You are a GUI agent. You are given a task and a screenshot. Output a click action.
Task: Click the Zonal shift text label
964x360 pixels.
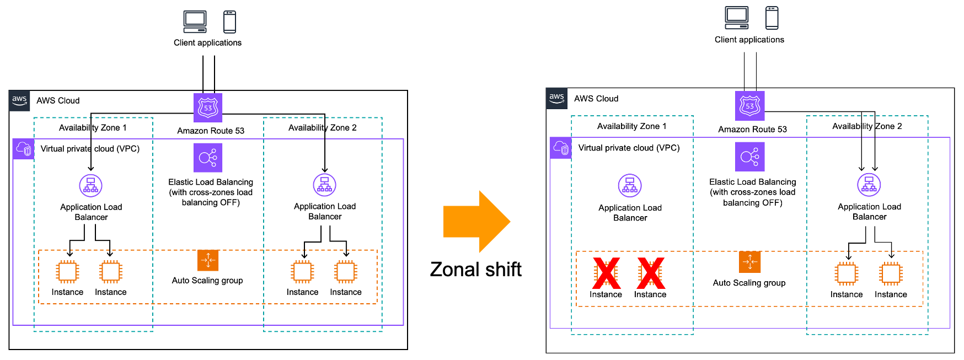coord(475,270)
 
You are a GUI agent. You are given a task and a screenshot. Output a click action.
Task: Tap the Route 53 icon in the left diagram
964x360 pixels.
coord(208,108)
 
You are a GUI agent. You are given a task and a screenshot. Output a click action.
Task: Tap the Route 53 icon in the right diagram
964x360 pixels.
coord(749,106)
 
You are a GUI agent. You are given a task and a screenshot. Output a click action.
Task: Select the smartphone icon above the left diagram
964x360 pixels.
coord(229,22)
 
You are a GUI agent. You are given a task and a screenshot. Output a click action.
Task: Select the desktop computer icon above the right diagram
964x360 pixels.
coord(737,18)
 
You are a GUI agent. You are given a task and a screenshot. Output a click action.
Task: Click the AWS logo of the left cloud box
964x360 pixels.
coord(19,101)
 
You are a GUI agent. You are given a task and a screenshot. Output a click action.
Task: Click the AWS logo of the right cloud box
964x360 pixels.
coord(556,98)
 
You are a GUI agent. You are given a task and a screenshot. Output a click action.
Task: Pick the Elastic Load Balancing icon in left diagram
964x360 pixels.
coord(208,158)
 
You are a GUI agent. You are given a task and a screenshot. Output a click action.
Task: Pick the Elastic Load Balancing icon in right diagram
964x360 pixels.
coord(749,157)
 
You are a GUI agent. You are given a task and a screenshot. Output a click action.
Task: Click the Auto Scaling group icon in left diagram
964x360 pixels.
coord(208,260)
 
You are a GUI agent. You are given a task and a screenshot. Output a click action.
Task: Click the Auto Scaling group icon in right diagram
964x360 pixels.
coord(749,262)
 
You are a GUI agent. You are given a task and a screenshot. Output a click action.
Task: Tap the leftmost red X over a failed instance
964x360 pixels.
coord(606,273)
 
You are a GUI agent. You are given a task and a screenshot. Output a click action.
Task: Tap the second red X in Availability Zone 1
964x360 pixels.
coord(651,273)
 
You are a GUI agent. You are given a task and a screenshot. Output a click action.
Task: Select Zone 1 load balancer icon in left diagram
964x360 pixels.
coord(91,186)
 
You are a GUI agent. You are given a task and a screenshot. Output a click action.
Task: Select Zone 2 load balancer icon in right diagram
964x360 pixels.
coord(869,185)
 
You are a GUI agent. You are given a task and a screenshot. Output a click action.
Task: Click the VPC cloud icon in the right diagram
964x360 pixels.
coord(561,148)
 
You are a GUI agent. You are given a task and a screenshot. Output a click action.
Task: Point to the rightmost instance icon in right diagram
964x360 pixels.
coord(891,273)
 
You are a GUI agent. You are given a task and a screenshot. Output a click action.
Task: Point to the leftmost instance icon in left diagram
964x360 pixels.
coord(68,272)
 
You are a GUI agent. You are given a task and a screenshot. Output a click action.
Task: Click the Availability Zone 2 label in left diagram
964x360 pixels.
coord(323,128)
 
